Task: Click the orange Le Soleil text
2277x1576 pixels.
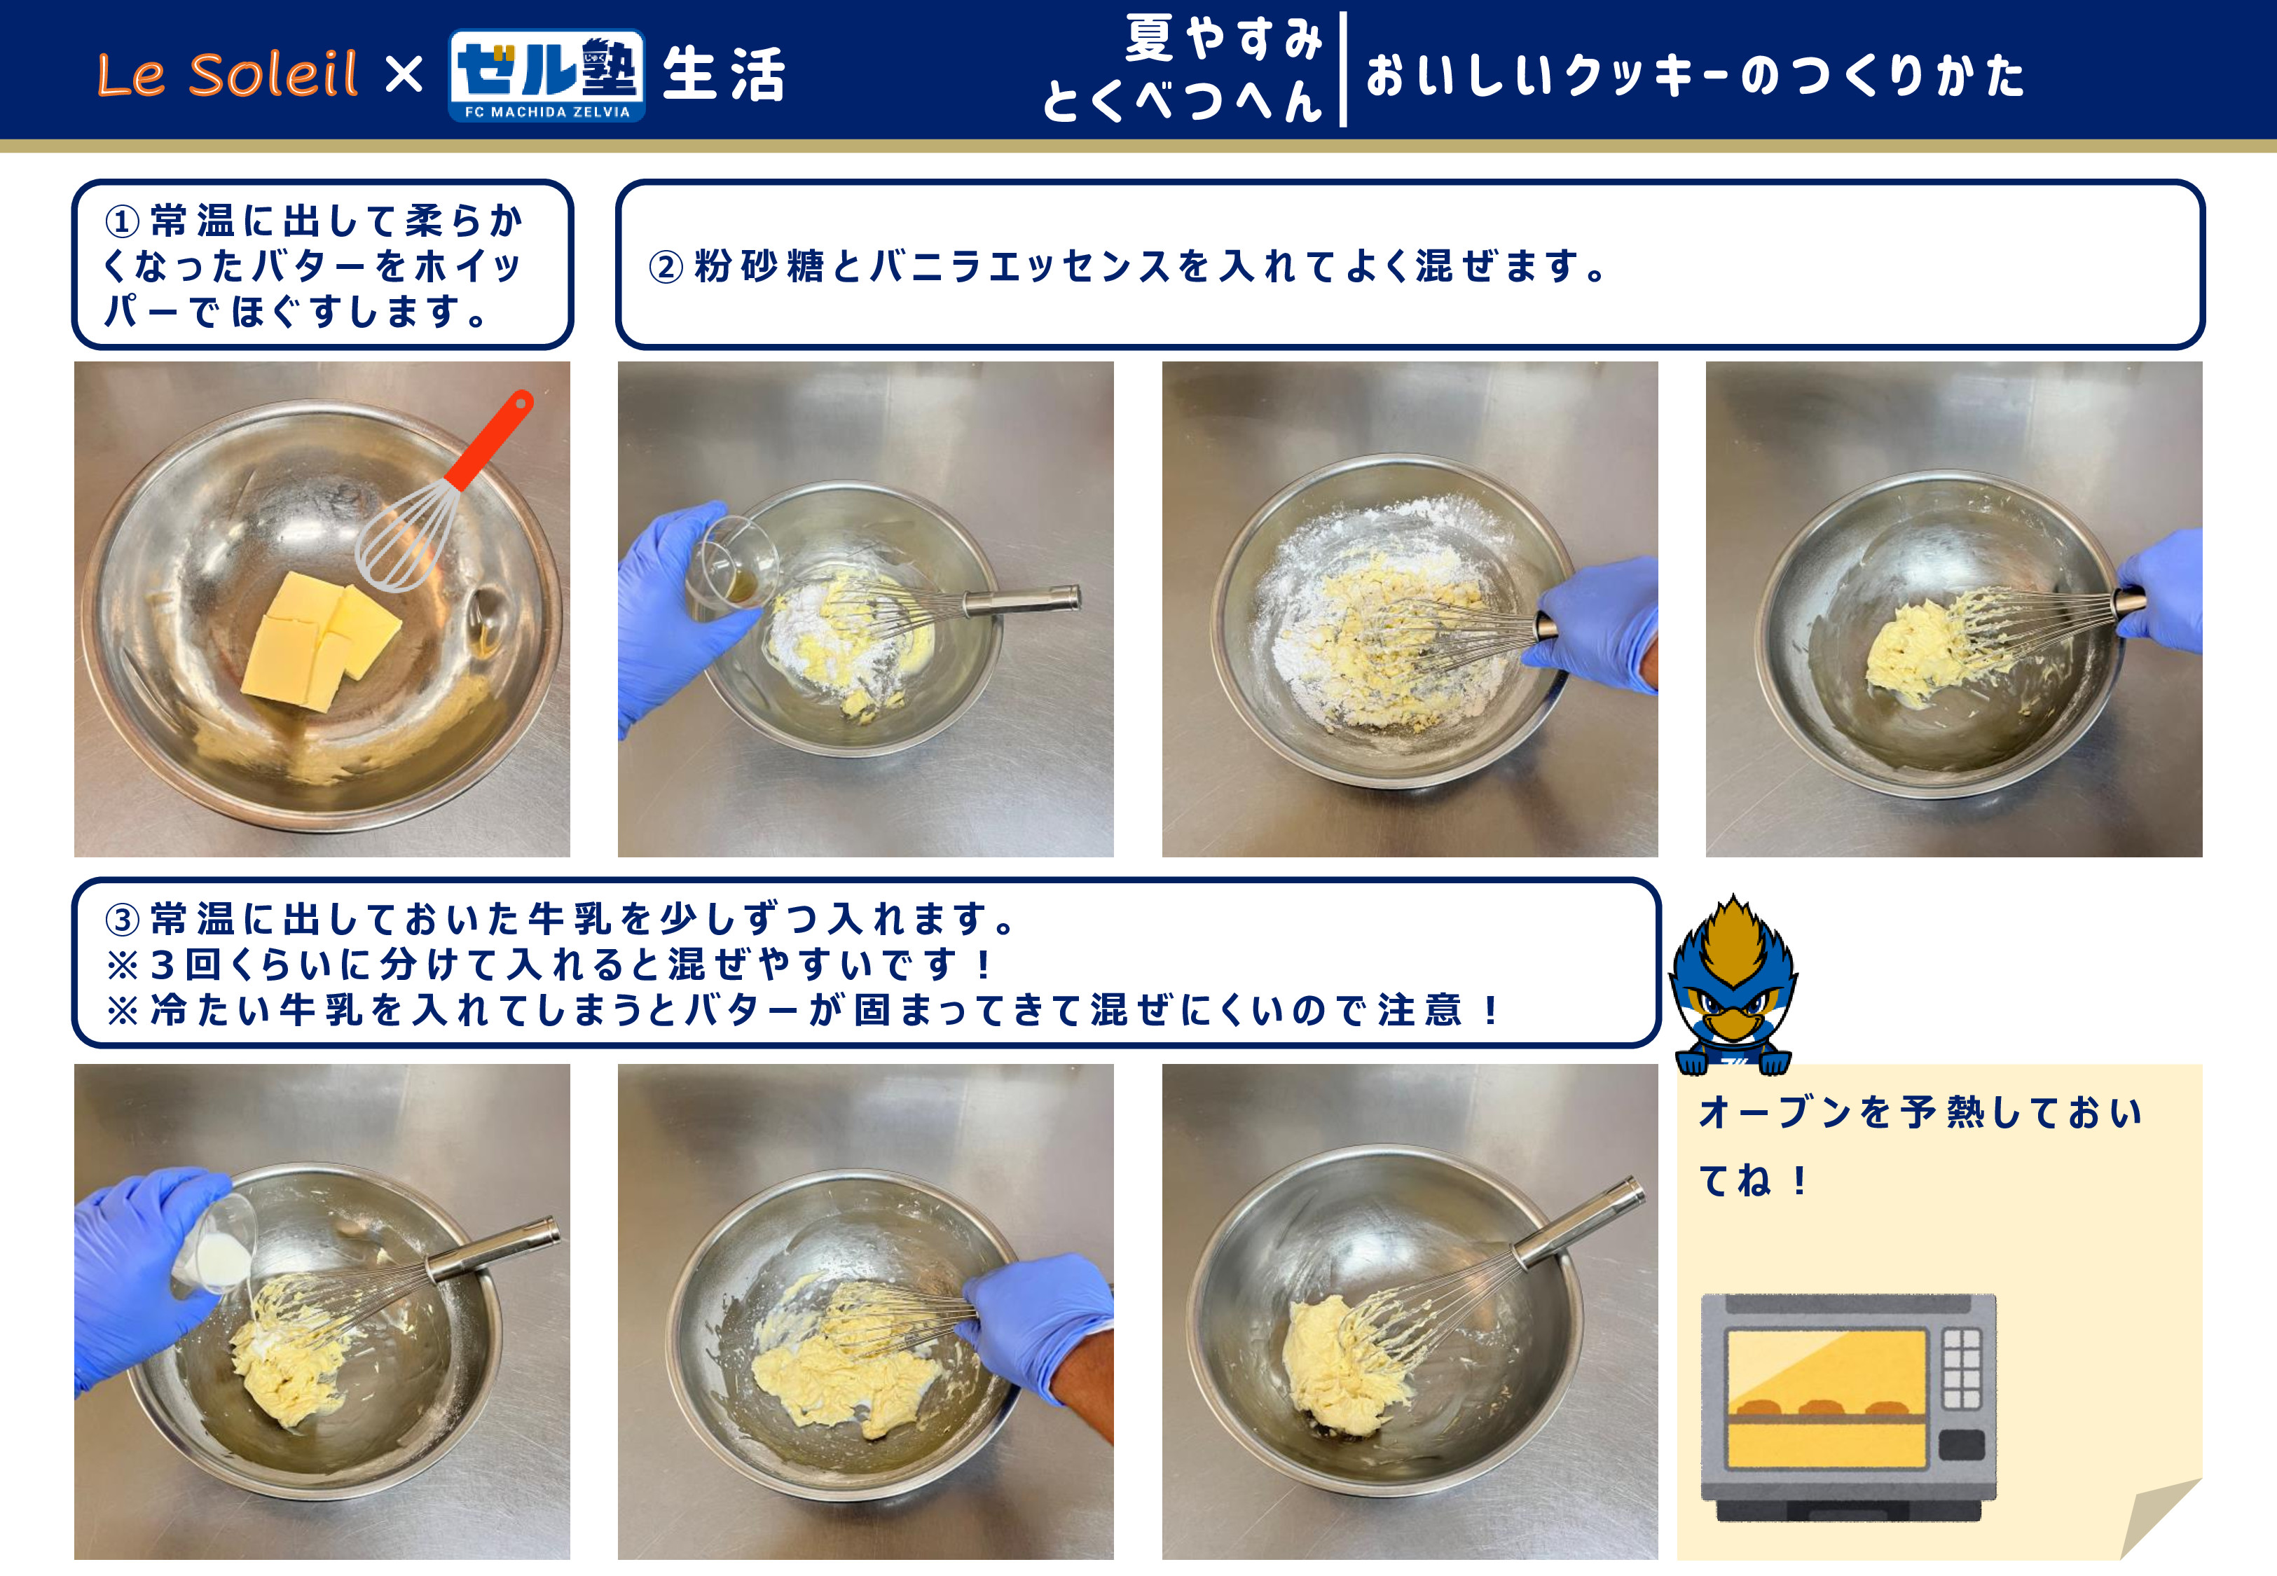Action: pos(227,74)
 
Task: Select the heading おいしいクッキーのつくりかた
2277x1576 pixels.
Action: pos(1695,75)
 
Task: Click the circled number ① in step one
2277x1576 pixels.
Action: pos(123,221)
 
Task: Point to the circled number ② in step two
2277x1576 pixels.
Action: pos(666,267)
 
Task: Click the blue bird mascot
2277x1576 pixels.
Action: pos(1733,985)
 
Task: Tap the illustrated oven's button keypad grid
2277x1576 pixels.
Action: pos(1961,1368)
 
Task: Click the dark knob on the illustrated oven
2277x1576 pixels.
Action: pos(1961,1444)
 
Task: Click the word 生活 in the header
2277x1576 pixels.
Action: pos(724,75)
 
